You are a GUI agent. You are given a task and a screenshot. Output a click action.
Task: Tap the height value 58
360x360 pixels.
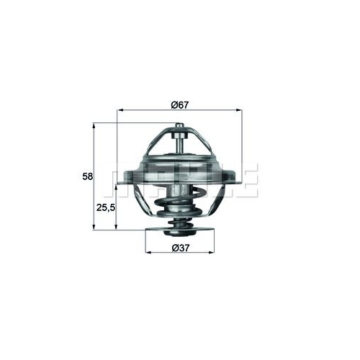(86, 176)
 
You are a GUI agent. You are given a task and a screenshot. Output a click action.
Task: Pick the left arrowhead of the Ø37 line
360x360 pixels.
(148, 254)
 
